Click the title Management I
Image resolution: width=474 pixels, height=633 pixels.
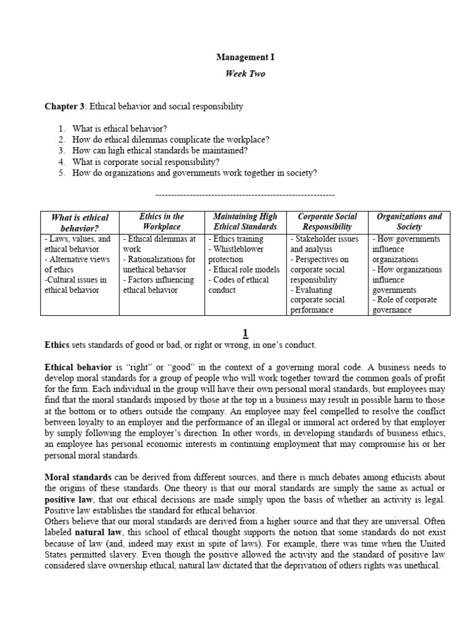tap(244, 57)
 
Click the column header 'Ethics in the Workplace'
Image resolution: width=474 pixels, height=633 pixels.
tap(161, 222)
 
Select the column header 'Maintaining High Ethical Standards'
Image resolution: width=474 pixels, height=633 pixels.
tap(245, 222)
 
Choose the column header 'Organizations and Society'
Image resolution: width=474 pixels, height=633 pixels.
tap(409, 222)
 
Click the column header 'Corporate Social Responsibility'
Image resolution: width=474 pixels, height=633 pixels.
tap(327, 222)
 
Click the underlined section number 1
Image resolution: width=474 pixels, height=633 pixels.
tap(245, 333)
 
